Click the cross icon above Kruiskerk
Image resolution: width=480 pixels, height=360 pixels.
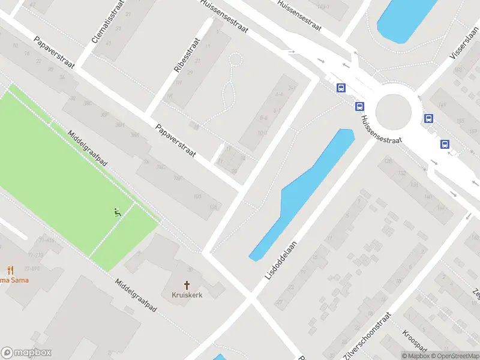coord(187,285)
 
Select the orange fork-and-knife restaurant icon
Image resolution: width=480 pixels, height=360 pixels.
coord(10,270)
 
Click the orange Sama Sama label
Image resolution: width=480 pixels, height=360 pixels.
coord(13,280)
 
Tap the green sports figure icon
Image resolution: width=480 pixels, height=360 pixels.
coord(117,211)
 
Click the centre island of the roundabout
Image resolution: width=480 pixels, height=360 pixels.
coord(394,111)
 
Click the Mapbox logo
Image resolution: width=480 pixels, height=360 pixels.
coord(26,353)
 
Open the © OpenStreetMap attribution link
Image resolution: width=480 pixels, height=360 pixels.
coord(454,356)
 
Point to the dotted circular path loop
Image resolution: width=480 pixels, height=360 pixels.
coord(235,60)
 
